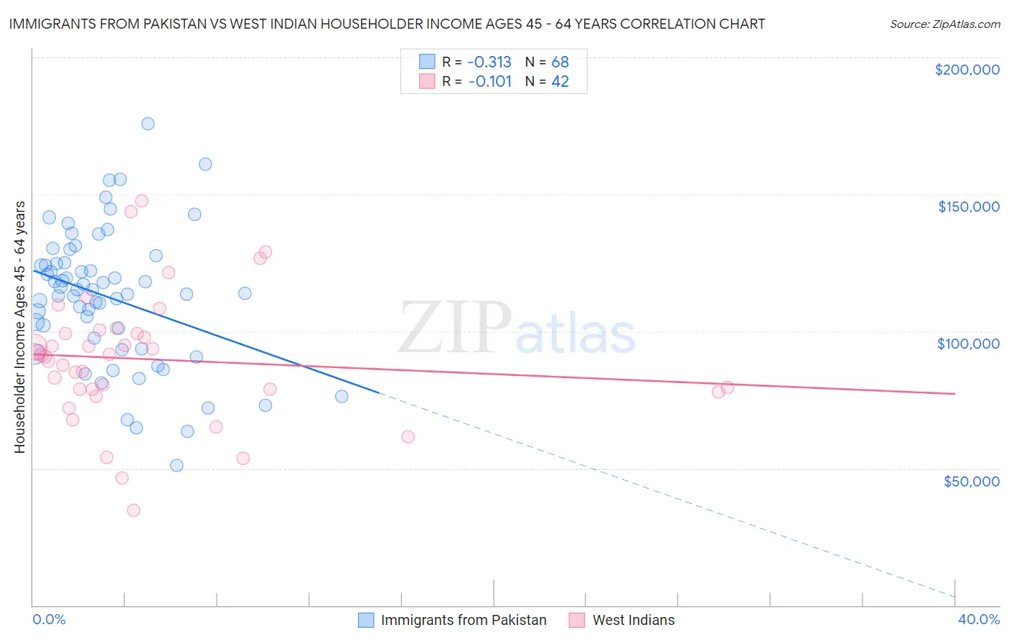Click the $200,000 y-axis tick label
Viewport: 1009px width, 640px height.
(967, 70)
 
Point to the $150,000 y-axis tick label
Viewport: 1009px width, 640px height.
(968, 207)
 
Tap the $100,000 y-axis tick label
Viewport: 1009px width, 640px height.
(968, 344)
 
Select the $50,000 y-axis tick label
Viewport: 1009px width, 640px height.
(971, 481)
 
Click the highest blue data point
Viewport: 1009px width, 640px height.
(148, 123)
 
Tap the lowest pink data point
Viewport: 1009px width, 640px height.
(133, 510)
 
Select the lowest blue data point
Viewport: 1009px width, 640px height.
(177, 465)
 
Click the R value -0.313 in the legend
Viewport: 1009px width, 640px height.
(489, 62)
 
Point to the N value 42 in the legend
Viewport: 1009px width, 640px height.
(560, 82)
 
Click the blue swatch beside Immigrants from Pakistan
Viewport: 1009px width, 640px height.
(366, 620)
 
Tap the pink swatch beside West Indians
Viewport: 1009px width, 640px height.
(577, 620)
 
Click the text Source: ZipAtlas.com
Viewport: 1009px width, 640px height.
(944, 24)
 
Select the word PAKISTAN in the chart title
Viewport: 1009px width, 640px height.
(193, 24)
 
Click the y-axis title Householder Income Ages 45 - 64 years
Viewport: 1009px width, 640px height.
(20, 327)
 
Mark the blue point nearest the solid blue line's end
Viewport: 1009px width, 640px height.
(342, 396)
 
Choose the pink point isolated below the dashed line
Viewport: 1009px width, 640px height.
(408, 436)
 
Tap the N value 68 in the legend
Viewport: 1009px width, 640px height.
(560, 62)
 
